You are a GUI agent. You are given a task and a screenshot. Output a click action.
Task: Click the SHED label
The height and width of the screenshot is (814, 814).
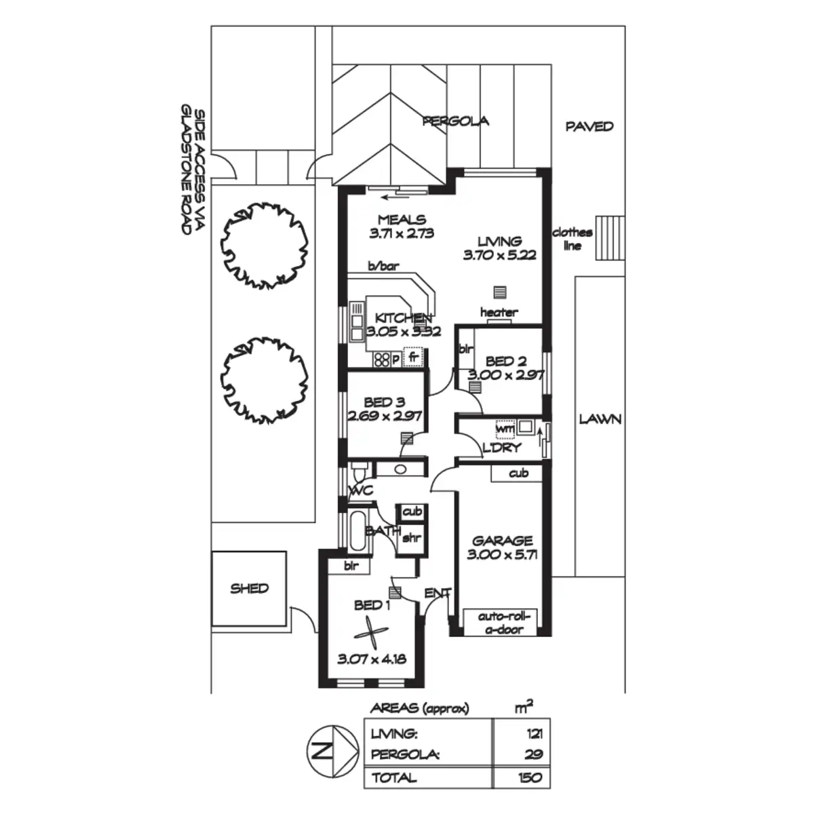point(249,589)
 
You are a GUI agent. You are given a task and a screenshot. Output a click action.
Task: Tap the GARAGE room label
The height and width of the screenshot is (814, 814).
point(503,541)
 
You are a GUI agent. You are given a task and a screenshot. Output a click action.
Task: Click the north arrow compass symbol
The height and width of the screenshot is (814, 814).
point(332,751)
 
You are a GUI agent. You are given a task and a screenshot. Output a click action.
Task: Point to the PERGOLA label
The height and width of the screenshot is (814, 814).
point(455,121)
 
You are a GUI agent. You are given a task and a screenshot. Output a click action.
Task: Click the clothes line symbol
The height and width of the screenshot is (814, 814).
point(609,238)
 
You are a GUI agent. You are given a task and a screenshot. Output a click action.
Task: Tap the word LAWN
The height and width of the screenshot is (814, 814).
point(600,419)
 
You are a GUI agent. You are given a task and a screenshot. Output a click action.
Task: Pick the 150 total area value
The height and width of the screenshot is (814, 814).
point(529,777)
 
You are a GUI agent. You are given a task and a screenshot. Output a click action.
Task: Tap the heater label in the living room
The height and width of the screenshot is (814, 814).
point(499,313)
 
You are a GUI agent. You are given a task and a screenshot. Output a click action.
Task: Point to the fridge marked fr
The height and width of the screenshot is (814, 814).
point(413,357)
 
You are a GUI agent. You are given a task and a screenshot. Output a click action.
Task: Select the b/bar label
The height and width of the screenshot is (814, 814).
point(383,267)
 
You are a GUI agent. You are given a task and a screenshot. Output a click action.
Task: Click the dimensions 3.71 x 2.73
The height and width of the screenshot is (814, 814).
point(402,233)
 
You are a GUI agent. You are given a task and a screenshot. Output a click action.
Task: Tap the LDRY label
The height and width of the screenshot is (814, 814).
point(502,447)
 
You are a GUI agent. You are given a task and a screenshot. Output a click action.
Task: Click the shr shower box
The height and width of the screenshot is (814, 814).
point(411,539)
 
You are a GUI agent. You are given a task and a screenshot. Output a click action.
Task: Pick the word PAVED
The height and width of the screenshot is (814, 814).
point(589,126)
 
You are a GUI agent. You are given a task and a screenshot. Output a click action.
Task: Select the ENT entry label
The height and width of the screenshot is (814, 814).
point(437,594)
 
